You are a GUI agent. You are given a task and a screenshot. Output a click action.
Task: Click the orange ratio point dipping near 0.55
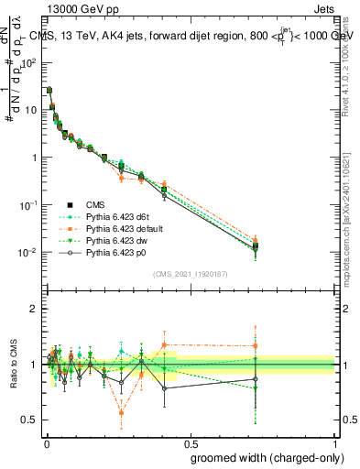tap(122, 413)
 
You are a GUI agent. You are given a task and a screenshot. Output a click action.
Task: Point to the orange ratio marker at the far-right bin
tap(256, 346)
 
